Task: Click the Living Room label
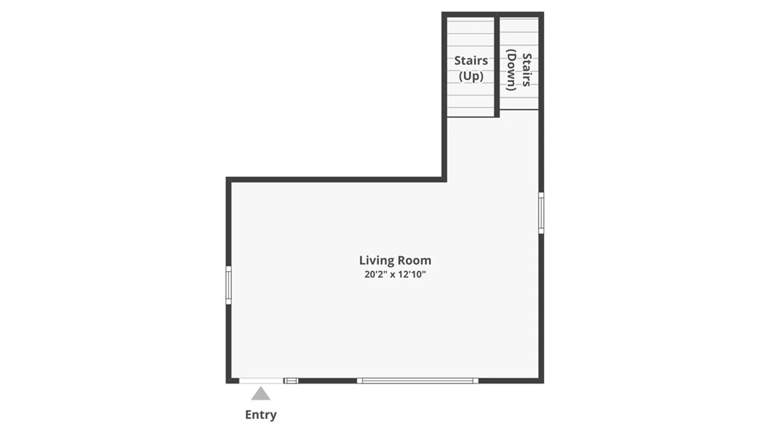point(395,261)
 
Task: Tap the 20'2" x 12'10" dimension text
point(395,275)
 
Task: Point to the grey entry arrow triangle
point(261,395)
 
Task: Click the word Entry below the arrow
point(261,415)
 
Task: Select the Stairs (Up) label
point(471,68)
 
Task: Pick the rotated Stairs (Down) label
point(519,70)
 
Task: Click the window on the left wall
point(228,285)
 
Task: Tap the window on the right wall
point(541,213)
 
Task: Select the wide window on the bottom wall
point(418,381)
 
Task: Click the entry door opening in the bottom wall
point(261,381)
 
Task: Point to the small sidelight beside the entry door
point(291,381)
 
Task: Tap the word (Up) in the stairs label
point(471,76)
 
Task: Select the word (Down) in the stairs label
point(511,70)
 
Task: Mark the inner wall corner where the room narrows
point(444,180)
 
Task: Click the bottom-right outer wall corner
point(541,381)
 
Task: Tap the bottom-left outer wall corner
point(228,381)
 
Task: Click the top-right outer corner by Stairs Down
point(541,14)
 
